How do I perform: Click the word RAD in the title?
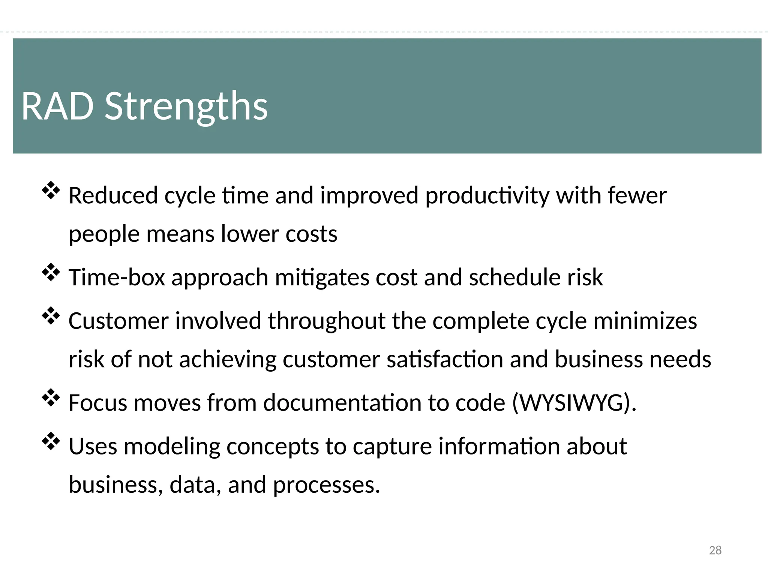click(57, 106)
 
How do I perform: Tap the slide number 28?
click(715, 550)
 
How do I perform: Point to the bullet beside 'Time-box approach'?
click(51, 272)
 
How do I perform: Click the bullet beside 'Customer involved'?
click(51, 316)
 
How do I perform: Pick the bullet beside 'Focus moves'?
click(51, 398)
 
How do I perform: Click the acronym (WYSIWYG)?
click(574, 403)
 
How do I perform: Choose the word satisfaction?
click(445, 359)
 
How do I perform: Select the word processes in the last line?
click(326, 485)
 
